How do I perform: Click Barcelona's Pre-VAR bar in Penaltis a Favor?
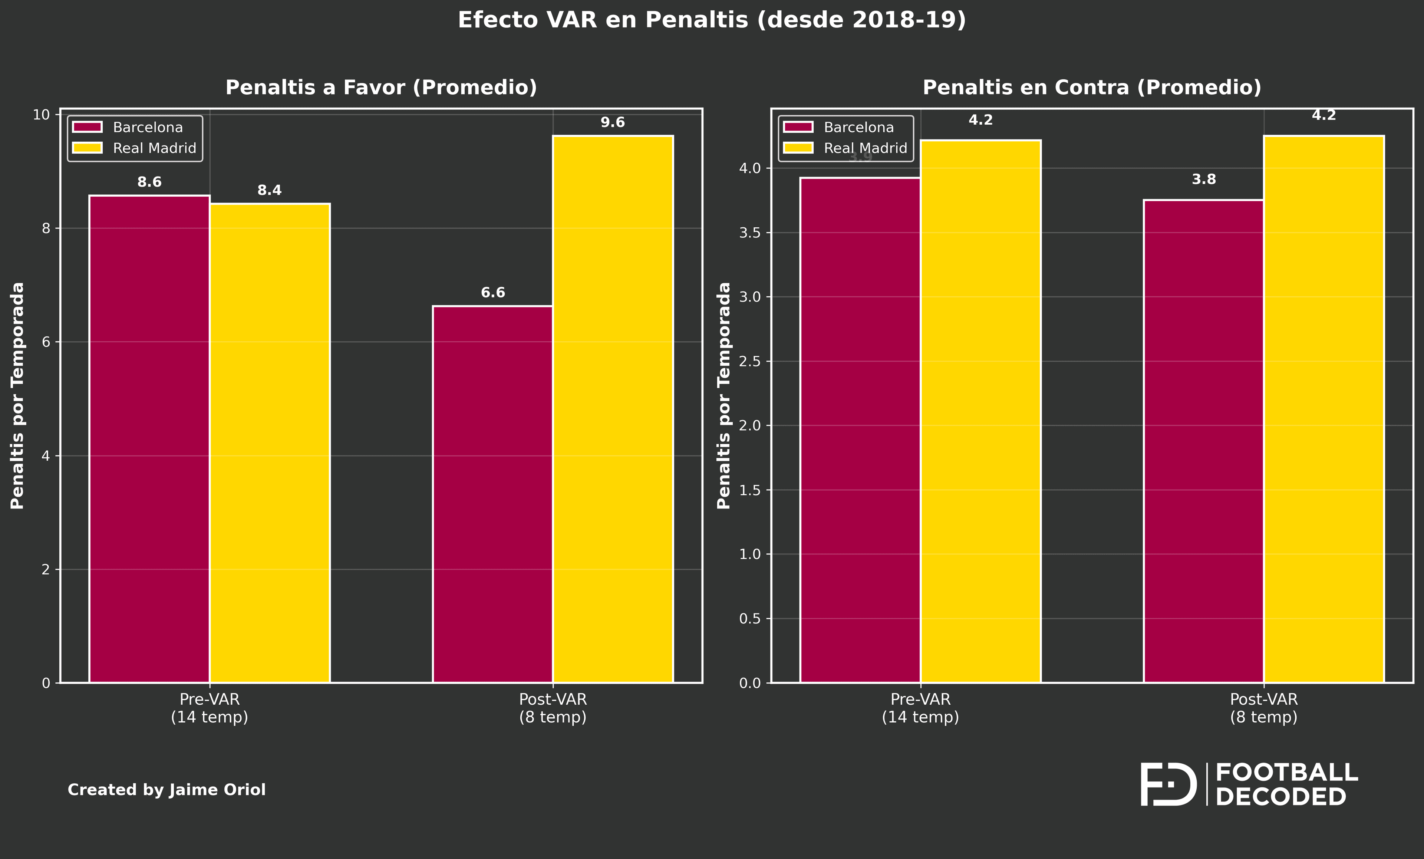149,439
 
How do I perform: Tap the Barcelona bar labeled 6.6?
492,494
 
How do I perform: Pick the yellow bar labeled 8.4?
269,443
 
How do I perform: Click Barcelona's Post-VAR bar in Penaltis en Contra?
1203,441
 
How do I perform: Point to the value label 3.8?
1204,179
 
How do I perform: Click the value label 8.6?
149,182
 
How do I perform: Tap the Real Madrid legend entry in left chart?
134,148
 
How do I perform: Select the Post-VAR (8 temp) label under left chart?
553,708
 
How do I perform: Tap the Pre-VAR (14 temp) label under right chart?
920,708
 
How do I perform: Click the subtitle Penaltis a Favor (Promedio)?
381,87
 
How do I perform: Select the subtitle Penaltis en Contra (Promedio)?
1092,87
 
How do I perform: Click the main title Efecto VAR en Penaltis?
711,20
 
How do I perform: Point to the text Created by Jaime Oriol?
167,790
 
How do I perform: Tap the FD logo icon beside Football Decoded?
1167,784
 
